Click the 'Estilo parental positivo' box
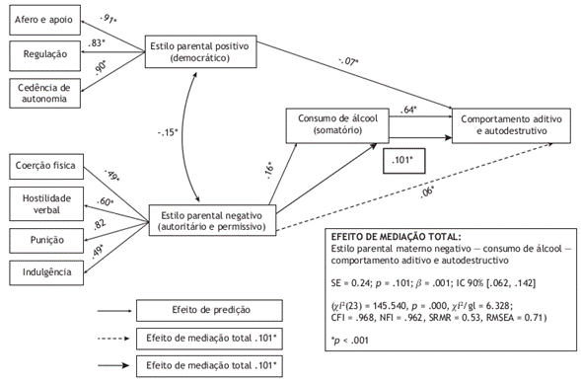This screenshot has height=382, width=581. (x=198, y=51)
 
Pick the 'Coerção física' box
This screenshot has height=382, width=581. (x=44, y=165)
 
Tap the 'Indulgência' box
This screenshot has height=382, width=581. (x=44, y=269)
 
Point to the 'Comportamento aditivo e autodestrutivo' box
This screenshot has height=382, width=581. (x=511, y=124)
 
